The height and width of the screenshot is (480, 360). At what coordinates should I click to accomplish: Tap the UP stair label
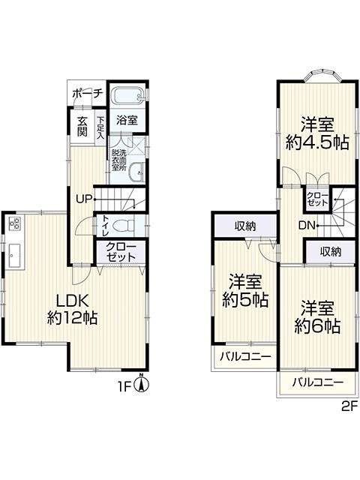(84, 199)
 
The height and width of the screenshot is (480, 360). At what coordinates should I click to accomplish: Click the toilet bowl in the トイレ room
(126, 225)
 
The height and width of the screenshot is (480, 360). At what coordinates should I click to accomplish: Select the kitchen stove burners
(16, 223)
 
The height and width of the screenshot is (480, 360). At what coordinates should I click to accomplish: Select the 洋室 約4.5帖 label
(317, 133)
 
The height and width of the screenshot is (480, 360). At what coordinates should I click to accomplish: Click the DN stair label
(307, 224)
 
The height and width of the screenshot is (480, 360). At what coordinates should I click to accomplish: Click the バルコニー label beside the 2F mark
(317, 383)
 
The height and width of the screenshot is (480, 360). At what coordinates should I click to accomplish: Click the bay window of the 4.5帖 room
(316, 76)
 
